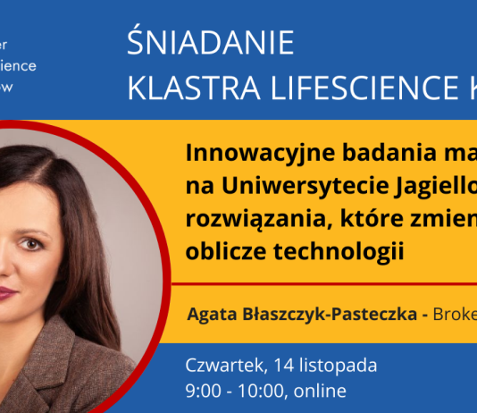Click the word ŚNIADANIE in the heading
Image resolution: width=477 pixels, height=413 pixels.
[210, 44]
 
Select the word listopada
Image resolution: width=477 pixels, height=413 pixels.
[342, 365]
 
